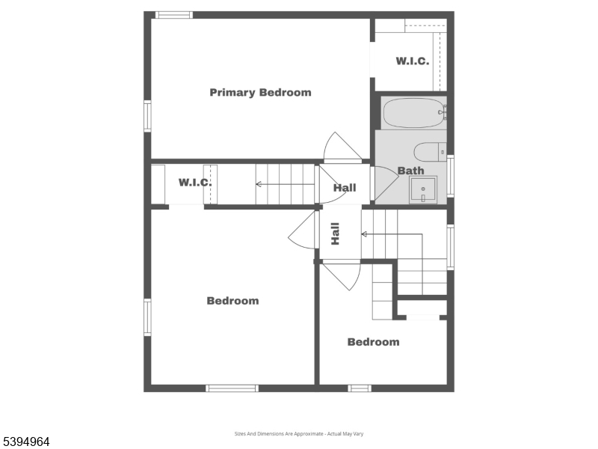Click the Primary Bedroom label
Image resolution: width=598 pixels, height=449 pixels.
[260, 93]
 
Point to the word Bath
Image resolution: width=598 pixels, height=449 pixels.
[410, 171]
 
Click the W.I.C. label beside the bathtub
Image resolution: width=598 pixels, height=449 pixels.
[413, 61]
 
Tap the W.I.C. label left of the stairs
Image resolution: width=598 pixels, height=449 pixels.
[195, 183]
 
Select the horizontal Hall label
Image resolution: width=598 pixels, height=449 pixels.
[345, 188]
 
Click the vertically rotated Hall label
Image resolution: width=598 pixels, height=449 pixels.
[336, 234]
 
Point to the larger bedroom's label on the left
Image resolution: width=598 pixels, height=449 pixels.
[232, 301]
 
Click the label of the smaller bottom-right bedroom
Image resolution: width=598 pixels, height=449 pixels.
[373, 342]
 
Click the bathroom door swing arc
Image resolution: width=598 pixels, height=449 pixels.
[386, 183]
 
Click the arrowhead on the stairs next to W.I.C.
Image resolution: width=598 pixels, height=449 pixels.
[259, 183]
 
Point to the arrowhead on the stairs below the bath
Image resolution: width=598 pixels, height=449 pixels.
[364, 234]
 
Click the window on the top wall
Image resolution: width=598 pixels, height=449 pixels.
[173, 14]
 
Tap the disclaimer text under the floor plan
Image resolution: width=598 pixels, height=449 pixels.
[299, 434]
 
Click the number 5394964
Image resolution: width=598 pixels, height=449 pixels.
[26, 442]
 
